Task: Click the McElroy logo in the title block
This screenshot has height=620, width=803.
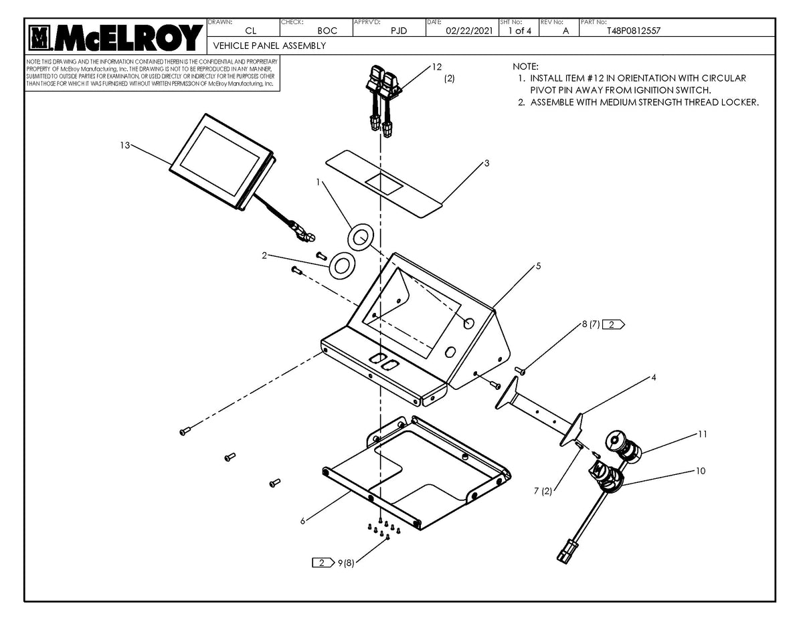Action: tap(114, 38)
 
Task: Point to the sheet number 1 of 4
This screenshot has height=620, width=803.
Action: tap(519, 31)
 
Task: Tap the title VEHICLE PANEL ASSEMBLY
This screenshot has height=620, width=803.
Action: tap(269, 45)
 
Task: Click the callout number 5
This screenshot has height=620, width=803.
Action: tap(538, 266)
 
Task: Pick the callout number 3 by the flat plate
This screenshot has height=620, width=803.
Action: tap(486, 163)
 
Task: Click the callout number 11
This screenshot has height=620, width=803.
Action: tap(702, 434)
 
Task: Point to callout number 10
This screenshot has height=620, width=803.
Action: tap(700, 471)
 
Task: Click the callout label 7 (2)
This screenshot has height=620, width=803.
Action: tap(543, 492)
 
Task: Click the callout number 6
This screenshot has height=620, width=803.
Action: tap(302, 522)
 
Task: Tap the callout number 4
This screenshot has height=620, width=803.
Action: tap(653, 377)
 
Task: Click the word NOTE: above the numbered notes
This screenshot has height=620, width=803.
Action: tap(525, 67)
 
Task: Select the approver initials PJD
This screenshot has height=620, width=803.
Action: tap(399, 31)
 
